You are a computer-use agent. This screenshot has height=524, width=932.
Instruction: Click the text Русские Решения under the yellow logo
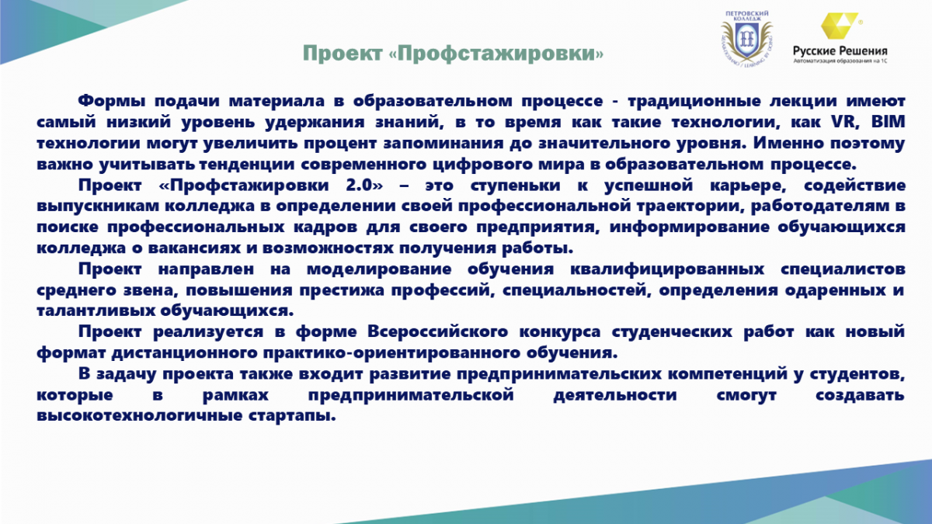(840, 50)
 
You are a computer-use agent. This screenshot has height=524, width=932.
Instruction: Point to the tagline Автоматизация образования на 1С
(840, 61)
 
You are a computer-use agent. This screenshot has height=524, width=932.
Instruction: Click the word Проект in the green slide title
(343, 54)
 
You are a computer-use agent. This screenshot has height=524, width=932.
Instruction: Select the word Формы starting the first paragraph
(112, 101)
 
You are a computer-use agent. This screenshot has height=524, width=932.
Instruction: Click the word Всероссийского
(437, 332)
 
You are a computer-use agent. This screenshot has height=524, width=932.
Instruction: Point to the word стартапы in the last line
(292, 416)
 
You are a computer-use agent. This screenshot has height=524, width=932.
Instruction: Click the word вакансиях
(194, 248)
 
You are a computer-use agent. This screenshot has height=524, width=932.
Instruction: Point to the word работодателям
(820, 206)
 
